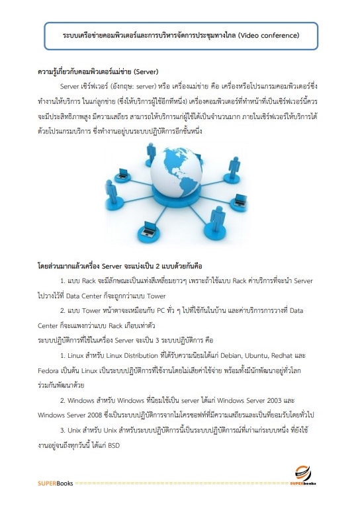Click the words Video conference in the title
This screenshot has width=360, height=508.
click(x=267, y=33)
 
